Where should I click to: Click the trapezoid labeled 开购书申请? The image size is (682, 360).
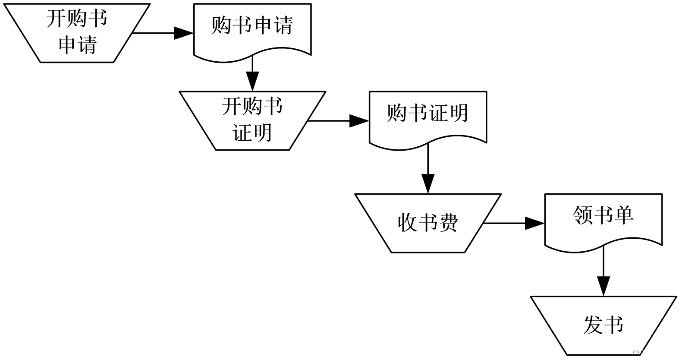(77, 33)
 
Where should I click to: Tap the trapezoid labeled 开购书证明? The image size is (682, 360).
(252, 120)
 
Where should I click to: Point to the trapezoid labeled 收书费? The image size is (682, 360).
(427, 223)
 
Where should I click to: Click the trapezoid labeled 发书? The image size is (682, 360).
(603, 325)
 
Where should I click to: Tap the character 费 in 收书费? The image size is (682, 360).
(448, 223)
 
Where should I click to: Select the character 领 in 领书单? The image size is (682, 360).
(583, 215)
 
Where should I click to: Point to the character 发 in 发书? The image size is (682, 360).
(593, 325)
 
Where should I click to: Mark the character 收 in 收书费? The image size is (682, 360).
(407, 223)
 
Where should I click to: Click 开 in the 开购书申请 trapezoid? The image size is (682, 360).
(56, 19)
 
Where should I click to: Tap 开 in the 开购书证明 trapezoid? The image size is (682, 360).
(232, 106)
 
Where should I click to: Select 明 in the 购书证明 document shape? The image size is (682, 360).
(459, 113)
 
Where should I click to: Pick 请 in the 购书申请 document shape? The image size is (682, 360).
(283, 25)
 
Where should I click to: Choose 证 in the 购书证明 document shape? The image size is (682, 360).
(438, 113)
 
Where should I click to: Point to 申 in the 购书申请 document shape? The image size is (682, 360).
(263, 25)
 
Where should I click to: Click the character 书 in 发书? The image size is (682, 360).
(614, 325)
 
